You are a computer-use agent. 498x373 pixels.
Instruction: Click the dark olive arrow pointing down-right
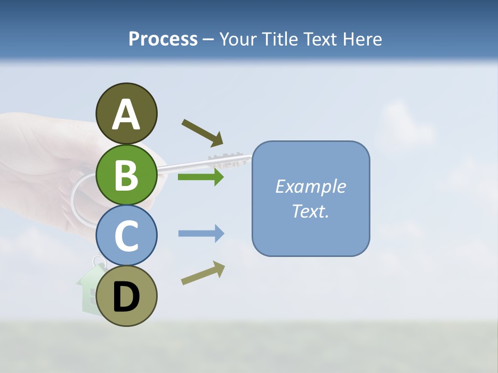click(x=203, y=133)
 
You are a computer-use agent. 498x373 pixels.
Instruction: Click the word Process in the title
click(x=163, y=39)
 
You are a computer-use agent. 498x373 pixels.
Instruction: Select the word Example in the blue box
click(x=310, y=187)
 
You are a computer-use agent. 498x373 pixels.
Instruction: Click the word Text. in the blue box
click(x=310, y=211)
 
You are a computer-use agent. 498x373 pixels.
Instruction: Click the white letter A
click(x=127, y=115)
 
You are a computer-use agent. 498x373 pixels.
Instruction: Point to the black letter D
click(x=127, y=298)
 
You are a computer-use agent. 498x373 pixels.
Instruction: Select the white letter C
click(x=127, y=236)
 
